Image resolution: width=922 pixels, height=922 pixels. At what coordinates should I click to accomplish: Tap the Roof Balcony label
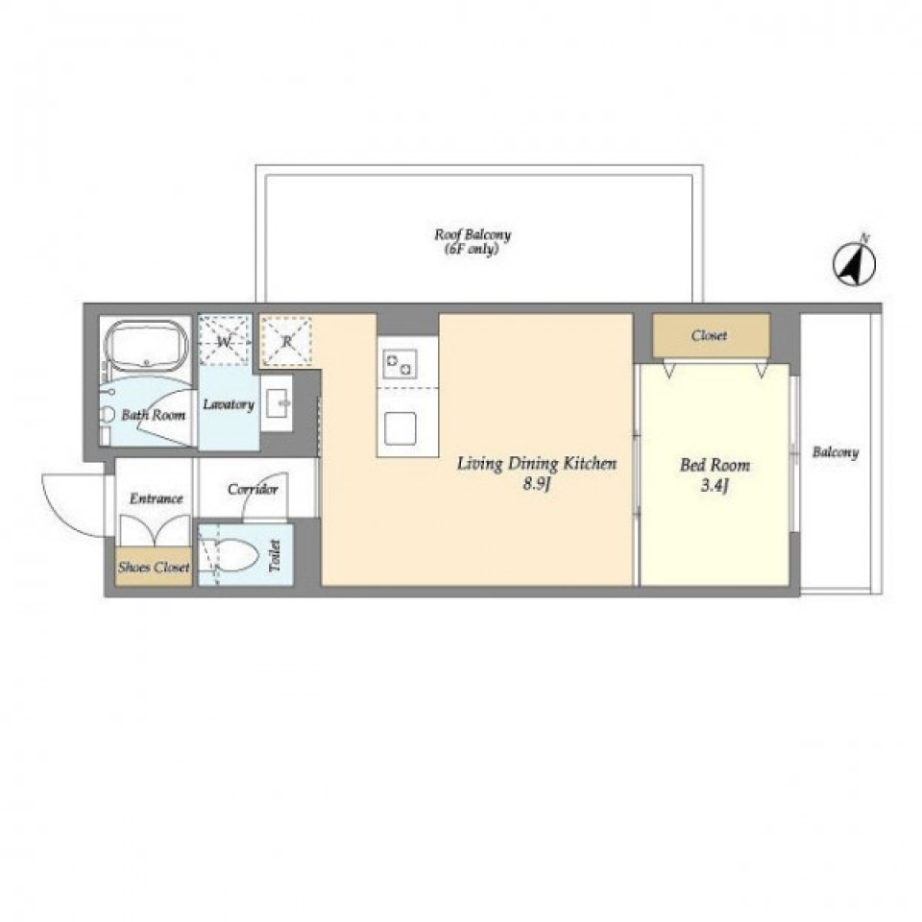pyautogui.click(x=473, y=241)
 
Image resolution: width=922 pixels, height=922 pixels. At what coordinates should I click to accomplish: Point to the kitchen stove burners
pyautogui.click(x=400, y=363)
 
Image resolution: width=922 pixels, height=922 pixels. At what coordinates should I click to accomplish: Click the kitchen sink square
pyautogui.click(x=400, y=428)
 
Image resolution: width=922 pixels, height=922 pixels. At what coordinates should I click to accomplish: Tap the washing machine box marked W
pyautogui.click(x=225, y=340)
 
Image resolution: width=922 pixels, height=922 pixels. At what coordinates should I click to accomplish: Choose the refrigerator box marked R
pyautogui.click(x=286, y=340)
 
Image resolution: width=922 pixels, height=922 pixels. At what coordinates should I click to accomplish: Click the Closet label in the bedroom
pyautogui.click(x=709, y=335)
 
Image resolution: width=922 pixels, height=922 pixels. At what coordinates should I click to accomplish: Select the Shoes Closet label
pyautogui.click(x=154, y=567)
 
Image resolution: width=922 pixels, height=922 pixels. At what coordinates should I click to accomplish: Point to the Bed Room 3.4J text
pyautogui.click(x=715, y=474)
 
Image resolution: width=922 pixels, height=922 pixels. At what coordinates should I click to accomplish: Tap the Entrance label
pyautogui.click(x=156, y=498)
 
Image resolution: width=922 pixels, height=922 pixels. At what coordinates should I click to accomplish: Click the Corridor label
pyautogui.click(x=253, y=489)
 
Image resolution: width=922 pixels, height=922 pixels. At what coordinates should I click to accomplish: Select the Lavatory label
pyautogui.click(x=229, y=404)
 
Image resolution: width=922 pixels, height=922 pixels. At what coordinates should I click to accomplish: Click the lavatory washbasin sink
pyautogui.click(x=277, y=403)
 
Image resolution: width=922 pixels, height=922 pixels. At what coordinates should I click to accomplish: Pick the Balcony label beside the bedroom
pyautogui.click(x=836, y=452)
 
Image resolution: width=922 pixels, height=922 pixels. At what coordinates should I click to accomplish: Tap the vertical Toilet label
pyautogui.click(x=275, y=556)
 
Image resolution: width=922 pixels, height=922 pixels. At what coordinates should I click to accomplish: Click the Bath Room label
pyautogui.click(x=153, y=415)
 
